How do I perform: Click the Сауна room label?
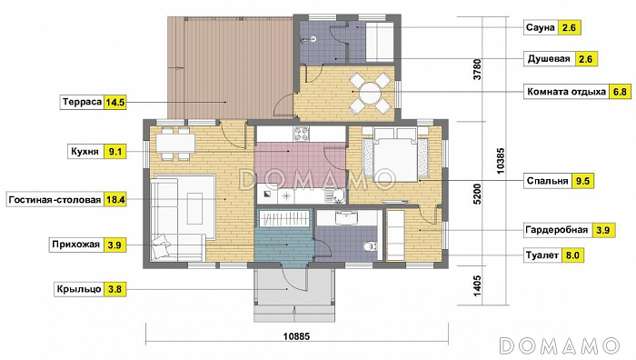(x=540, y=27)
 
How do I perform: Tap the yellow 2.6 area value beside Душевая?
(x=586, y=59)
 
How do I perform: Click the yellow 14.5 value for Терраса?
(x=114, y=103)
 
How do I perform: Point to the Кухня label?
(x=84, y=152)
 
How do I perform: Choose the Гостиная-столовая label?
(x=55, y=200)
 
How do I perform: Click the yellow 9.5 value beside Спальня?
(x=582, y=181)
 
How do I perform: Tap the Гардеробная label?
(x=556, y=230)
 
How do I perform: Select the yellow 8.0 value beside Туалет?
(x=572, y=255)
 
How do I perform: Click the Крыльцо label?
(x=79, y=289)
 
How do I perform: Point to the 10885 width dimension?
(x=296, y=336)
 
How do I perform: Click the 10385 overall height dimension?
(x=501, y=161)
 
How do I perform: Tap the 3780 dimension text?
(x=477, y=69)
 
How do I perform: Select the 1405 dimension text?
(x=477, y=285)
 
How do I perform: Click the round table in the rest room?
(x=370, y=93)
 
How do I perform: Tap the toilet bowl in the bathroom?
(x=370, y=246)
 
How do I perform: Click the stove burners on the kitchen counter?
(x=302, y=134)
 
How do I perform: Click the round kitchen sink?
(x=337, y=196)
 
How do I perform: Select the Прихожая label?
(x=75, y=245)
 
